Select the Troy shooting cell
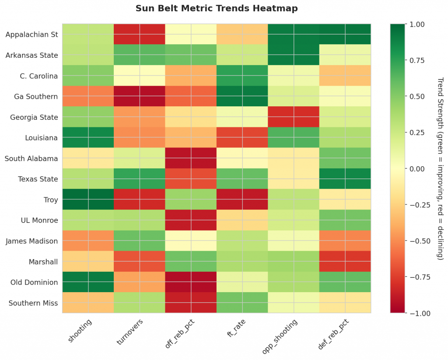point(88,199)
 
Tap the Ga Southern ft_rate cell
point(242,96)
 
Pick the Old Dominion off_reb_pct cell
point(191,282)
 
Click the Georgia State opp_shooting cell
point(294,117)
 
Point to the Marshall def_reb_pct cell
point(345,262)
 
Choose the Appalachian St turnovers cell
point(140,34)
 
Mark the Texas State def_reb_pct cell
point(345,179)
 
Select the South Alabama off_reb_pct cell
point(191,158)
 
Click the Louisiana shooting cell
point(88,137)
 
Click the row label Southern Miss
point(33,303)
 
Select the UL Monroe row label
point(40,220)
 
